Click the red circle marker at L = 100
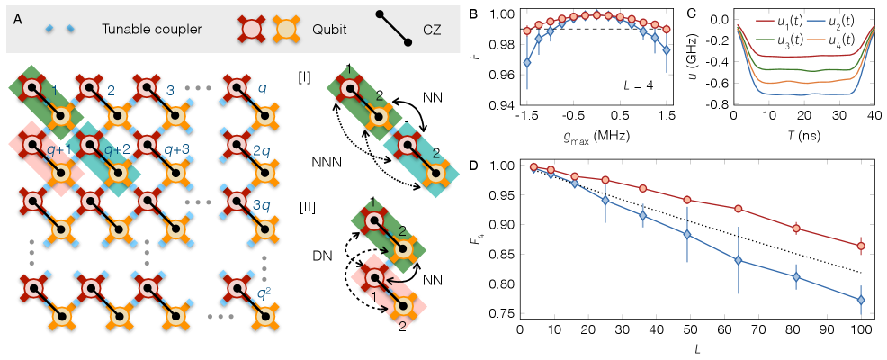(x=861, y=246)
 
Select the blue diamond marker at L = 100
(x=861, y=300)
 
